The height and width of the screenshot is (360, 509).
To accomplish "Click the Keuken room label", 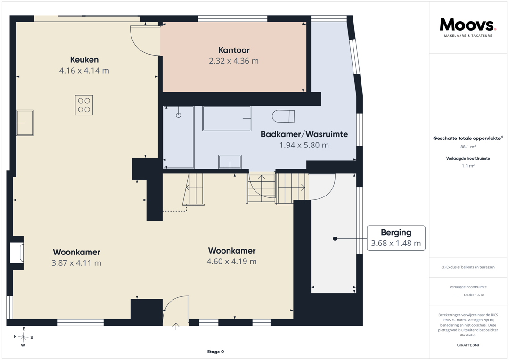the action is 84,60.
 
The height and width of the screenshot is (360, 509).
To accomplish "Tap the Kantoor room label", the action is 234,50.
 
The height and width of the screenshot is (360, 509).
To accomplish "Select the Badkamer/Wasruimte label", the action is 304,134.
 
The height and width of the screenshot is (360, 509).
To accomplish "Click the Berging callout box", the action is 396,238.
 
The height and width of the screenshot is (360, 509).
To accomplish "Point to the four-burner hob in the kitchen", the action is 84,105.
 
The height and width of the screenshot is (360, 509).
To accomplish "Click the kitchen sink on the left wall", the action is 25,123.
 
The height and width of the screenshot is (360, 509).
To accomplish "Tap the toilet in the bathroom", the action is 283,116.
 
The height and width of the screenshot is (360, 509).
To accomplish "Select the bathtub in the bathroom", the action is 227,118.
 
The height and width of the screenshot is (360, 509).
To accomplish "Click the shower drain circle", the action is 178,115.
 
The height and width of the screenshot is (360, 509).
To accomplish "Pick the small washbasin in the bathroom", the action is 230,162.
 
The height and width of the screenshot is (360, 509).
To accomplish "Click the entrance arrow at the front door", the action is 176,327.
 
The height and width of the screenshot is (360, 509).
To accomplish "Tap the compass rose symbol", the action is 24,337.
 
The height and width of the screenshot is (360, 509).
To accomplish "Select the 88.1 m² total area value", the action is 468,147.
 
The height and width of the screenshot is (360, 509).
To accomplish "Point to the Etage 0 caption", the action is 215,352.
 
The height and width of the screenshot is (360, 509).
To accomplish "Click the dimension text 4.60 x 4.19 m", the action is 232,262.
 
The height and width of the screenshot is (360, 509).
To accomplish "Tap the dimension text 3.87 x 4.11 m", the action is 76,263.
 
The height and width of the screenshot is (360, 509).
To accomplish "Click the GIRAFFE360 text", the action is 468,345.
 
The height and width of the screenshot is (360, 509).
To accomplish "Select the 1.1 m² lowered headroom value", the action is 468,166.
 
